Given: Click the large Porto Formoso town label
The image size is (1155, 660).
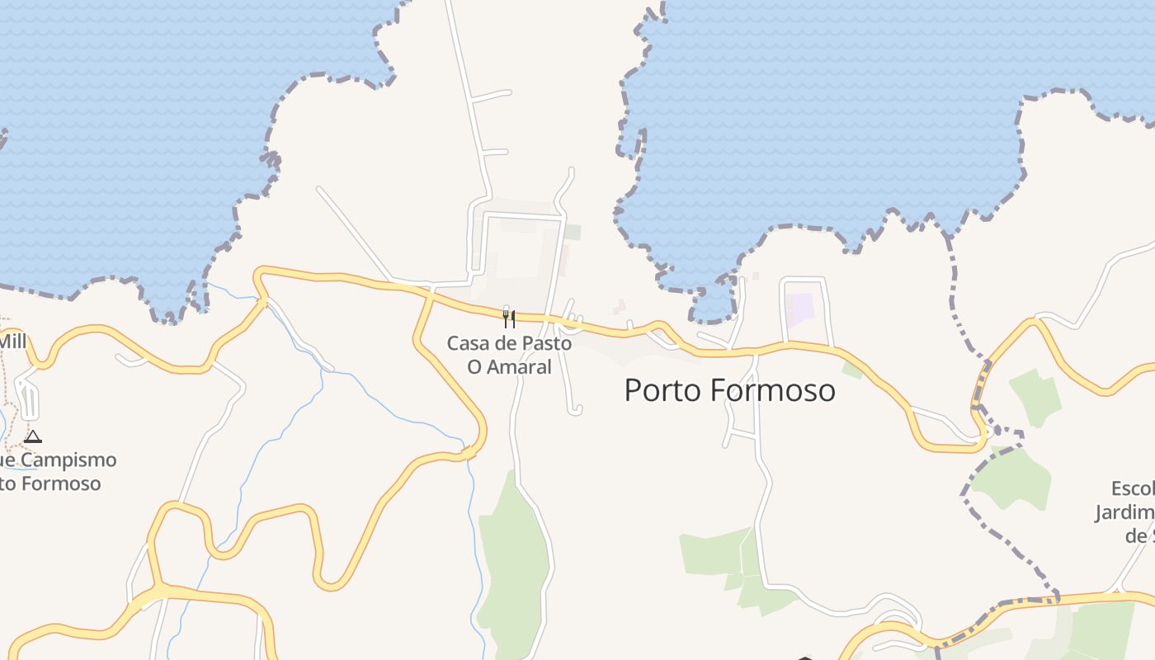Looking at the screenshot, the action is coord(729,390).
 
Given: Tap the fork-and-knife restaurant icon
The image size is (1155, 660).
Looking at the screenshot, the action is coord(509,318).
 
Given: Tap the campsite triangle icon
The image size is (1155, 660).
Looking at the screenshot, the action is coord(33,436).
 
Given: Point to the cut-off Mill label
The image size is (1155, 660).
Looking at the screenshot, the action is coord(13,341).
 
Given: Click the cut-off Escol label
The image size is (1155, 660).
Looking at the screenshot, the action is coord(1132,488).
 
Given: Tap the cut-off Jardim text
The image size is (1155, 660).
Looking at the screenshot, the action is coord(1124,512).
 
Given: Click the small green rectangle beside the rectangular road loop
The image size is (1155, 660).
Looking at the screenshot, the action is coord(573,233).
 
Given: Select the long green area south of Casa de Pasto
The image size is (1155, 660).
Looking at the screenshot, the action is coord(513,561).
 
